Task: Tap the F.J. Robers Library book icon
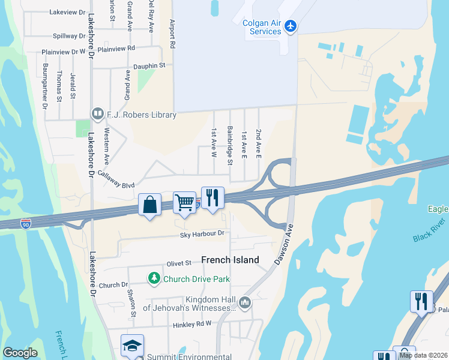pyautogui.click(x=97, y=114)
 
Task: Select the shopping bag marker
pyautogui.click(x=149, y=205)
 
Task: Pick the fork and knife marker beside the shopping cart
pyautogui.click(x=212, y=197)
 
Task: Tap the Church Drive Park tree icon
pyautogui.click(x=154, y=278)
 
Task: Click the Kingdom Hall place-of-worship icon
pyautogui.click(x=244, y=302)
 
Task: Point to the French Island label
pyautogui.click(x=230, y=260)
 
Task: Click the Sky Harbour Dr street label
pyautogui.click(x=202, y=233)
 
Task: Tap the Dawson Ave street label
pyautogui.click(x=286, y=245)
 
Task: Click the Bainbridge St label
pyautogui.click(x=230, y=145)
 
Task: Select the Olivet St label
pyautogui.click(x=179, y=263)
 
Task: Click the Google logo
pyautogui.click(x=20, y=353)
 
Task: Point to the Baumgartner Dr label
pyautogui.click(x=44, y=86)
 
